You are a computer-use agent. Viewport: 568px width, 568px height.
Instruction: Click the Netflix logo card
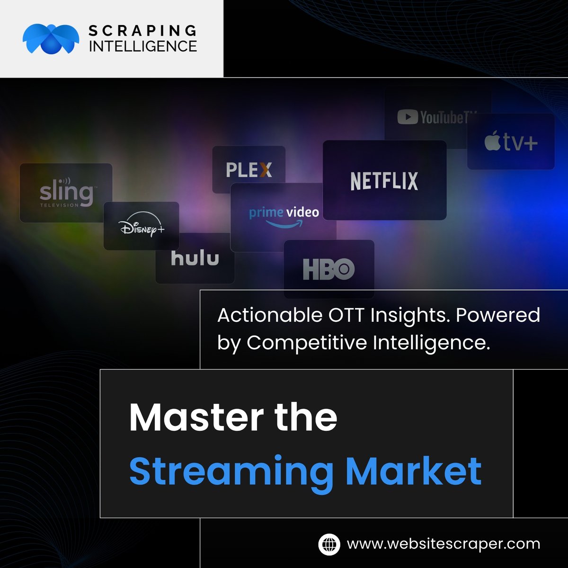(384, 181)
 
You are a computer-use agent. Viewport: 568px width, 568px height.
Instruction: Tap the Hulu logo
(195, 258)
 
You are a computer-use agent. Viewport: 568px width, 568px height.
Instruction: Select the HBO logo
(328, 269)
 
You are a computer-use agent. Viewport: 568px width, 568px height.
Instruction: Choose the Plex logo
(249, 169)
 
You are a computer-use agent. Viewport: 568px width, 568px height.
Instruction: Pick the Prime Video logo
(284, 216)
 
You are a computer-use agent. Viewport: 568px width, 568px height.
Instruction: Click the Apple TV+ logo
(511, 142)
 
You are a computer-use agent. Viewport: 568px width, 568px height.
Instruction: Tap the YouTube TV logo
(436, 117)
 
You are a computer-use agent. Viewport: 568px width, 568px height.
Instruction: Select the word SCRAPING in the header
(142, 31)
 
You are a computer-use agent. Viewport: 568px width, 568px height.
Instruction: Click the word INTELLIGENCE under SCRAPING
(142, 46)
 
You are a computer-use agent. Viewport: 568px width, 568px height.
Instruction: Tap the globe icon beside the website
(329, 544)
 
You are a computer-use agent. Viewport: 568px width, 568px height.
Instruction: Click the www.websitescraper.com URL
(444, 544)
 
